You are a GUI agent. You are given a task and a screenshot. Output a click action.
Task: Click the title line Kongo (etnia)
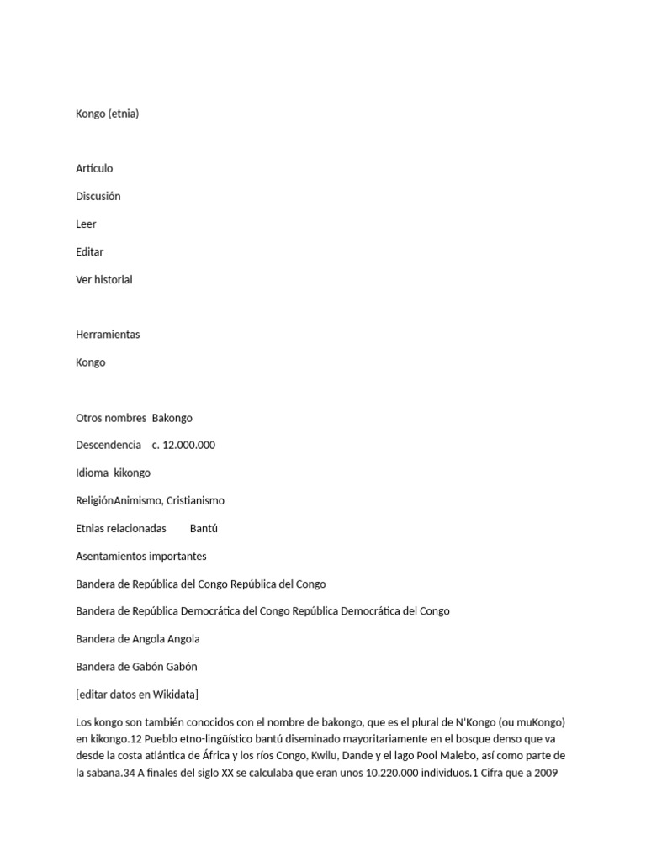tap(107, 114)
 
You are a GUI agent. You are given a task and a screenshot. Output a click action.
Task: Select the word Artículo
tap(94, 168)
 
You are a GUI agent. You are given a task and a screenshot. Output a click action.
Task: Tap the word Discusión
tap(98, 196)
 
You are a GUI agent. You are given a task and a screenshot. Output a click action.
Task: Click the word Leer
tap(86, 224)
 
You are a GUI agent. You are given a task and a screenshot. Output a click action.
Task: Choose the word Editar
tap(89, 251)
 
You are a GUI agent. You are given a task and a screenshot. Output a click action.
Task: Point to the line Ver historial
tap(104, 279)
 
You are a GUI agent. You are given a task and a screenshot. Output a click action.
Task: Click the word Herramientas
tap(108, 335)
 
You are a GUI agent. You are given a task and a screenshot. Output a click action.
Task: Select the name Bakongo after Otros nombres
tap(172, 418)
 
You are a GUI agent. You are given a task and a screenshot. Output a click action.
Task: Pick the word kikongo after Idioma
tap(132, 473)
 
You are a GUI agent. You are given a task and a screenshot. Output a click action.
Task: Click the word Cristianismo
tap(195, 501)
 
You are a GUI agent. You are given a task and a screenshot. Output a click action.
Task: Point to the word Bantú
tap(204, 529)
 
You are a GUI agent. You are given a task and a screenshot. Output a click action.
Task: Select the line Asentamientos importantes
tap(141, 557)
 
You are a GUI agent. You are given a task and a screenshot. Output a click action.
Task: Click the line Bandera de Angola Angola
tap(138, 639)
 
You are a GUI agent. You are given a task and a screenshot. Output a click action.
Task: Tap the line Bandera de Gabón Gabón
tap(136, 667)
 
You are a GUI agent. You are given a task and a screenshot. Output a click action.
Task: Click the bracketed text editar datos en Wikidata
tap(137, 695)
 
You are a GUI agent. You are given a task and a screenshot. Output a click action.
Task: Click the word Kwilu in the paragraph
tap(285, 755)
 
